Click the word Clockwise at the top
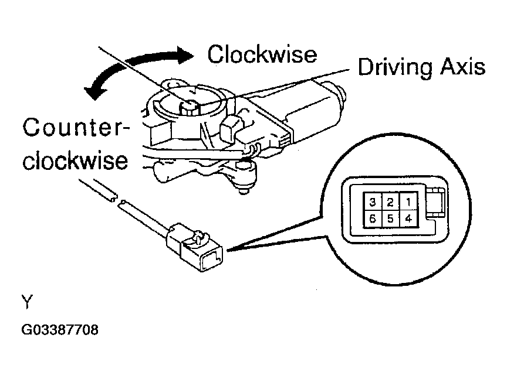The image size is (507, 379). point(262,54)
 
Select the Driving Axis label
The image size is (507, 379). point(421,68)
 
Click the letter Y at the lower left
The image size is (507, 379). point(27,302)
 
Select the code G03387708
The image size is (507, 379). point(60,330)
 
